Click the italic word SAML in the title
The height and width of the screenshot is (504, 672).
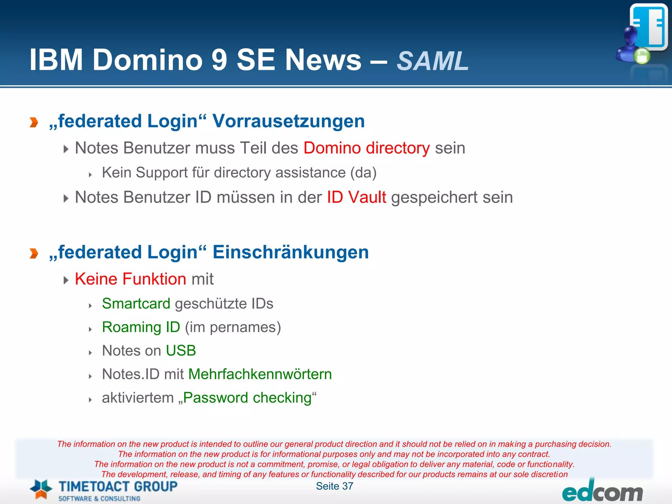coord(432,61)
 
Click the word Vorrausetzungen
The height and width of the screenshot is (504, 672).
coord(288,121)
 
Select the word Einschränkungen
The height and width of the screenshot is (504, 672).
coord(291,252)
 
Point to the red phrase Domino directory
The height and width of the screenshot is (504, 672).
coord(367,148)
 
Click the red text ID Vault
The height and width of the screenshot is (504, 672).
coord(356,197)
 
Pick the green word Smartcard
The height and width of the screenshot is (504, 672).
coord(136,304)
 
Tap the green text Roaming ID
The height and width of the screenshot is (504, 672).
coord(141,327)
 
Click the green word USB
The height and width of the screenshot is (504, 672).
coord(181,350)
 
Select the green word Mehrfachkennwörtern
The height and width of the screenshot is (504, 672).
coord(260,374)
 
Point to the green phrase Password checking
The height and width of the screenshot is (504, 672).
coord(247,398)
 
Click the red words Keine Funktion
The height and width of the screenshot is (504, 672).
coord(131,279)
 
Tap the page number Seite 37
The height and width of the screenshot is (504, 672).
coord(334,486)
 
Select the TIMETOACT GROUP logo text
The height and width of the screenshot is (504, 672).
coord(118,486)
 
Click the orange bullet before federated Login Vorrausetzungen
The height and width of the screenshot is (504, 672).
coord(34,122)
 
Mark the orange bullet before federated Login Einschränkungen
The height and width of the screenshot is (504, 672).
coord(34,253)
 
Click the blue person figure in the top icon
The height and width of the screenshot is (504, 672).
coord(628,44)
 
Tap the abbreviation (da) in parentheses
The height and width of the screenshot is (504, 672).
coord(363,173)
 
